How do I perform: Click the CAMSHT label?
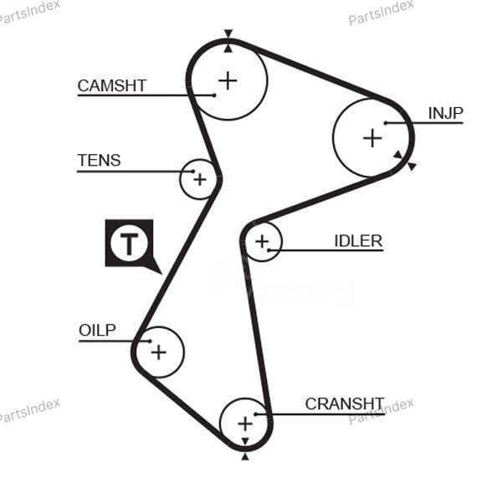[x=111, y=85]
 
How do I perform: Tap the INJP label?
[x=445, y=114]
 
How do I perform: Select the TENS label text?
[x=99, y=160]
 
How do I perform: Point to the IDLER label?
[x=358, y=241]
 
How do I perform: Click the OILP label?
[x=97, y=330]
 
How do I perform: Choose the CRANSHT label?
[x=344, y=403]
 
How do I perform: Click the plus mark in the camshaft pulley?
[x=228, y=80]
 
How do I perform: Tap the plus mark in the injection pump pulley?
[x=371, y=138]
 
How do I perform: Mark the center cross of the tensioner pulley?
[x=199, y=178]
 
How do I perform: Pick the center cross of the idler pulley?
[x=263, y=242]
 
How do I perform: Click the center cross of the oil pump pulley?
[x=158, y=352]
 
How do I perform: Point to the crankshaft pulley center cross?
[x=244, y=424]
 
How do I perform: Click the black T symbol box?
[x=130, y=244]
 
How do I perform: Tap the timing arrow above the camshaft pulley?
[x=228, y=35]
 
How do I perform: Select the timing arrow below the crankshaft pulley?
[x=244, y=456]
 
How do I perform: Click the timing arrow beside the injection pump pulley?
[x=410, y=166]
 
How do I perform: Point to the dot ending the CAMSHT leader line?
[x=214, y=95]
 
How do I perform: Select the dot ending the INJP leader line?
[x=386, y=123]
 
